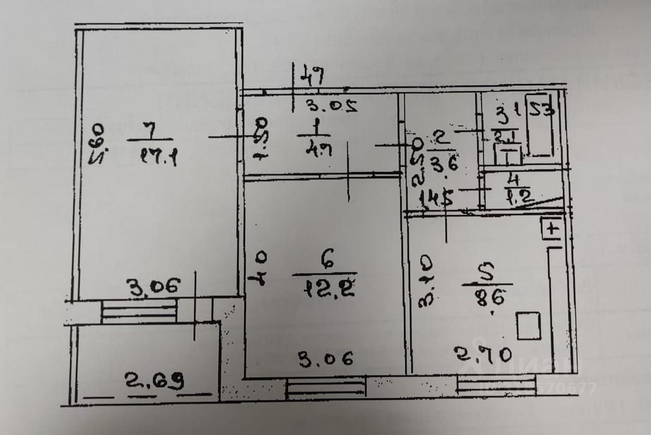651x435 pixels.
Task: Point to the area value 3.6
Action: pos(442,166)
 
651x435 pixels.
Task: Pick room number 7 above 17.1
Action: pos(149,129)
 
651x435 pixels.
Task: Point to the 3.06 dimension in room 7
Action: pos(151,287)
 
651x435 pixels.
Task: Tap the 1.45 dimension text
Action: pos(435,199)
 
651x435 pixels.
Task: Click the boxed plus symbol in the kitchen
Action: pos(552,229)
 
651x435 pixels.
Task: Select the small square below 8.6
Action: pos(528,326)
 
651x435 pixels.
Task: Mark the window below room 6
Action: pos(325,387)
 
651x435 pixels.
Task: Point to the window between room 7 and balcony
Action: pos(139,311)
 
